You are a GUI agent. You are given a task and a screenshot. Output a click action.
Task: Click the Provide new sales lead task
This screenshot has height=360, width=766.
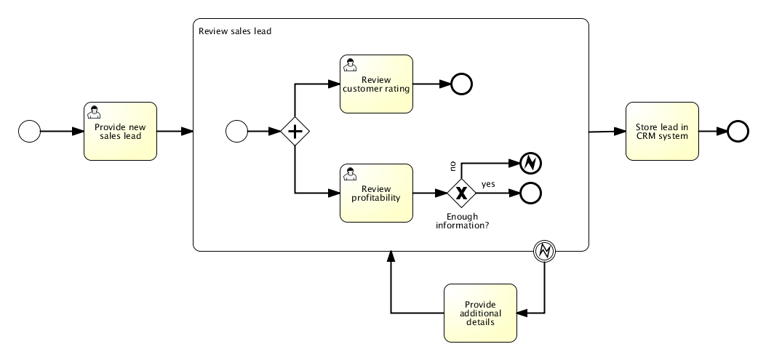pos(120,131)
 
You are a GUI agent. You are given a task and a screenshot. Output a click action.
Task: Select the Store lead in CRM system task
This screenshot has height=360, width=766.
pos(662,131)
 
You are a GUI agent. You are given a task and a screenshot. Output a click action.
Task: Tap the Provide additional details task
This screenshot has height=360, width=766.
pos(480,313)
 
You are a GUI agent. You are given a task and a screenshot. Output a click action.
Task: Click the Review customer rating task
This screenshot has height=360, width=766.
pos(376,84)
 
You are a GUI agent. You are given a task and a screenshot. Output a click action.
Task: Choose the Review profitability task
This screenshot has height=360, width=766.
pos(376,193)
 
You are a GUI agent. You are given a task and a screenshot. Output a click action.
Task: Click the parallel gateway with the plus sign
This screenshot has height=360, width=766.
pos(295,132)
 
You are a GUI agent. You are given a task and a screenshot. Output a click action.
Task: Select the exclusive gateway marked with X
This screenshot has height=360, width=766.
pos(460,193)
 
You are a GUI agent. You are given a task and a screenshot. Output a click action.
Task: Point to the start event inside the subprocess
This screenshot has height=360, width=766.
pos(237,132)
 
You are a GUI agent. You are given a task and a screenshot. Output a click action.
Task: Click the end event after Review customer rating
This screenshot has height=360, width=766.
pos(461,84)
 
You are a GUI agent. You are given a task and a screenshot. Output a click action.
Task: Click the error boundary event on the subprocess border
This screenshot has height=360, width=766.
pos(546,251)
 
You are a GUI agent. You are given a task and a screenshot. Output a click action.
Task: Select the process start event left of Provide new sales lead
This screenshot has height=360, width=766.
pos(29,131)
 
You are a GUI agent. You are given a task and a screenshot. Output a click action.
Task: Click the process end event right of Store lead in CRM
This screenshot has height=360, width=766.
pos(738,131)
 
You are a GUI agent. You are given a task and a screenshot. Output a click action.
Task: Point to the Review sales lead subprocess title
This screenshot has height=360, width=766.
pos(235,31)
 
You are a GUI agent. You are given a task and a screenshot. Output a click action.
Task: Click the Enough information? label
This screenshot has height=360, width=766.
pos(462,220)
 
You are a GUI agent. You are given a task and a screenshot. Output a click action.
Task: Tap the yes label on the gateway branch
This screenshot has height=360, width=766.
pos(488,184)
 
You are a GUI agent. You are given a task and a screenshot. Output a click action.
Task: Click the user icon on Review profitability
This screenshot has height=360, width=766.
pos(351,173)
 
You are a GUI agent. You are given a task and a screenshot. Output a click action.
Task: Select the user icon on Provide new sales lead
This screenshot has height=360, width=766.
pos(94,112)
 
